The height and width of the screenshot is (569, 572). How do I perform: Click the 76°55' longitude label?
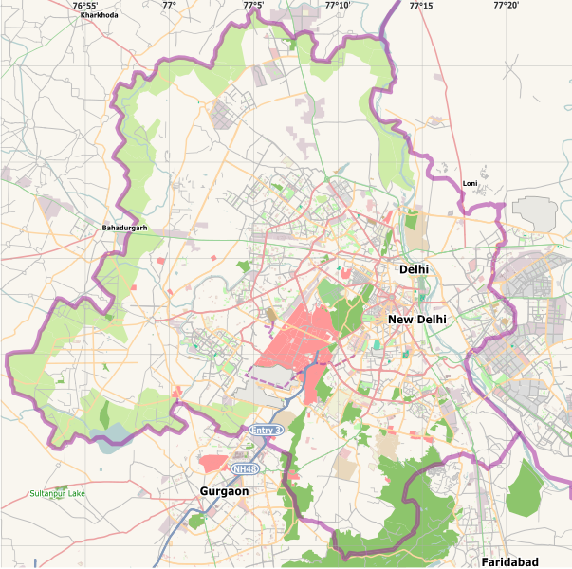[x=85, y=6]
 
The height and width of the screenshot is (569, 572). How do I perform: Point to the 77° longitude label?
[x=169, y=6]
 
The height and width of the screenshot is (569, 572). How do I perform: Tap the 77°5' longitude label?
[x=253, y=6]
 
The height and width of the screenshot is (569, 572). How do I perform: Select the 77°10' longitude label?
[x=338, y=6]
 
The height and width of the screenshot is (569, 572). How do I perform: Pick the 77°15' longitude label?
[x=422, y=6]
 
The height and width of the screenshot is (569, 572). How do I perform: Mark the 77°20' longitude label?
[x=506, y=6]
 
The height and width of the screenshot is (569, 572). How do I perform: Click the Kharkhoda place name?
[x=100, y=16]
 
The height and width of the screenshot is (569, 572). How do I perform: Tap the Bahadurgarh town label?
[x=125, y=229]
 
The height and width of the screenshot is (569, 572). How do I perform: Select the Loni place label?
[x=470, y=183]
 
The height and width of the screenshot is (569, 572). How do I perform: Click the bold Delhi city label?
[x=414, y=269]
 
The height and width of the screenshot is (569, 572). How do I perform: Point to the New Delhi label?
[x=416, y=320]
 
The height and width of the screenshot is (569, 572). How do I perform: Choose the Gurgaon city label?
[x=224, y=491]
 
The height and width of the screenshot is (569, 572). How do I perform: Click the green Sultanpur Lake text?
[x=57, y=494]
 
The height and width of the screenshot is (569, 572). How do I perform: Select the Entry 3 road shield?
[x=267, y=431]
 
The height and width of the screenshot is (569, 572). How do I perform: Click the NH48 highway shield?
[x=245, y=468]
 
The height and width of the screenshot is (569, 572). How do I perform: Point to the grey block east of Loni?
[x=536, y=211]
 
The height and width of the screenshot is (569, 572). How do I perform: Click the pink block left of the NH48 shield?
[x=214, y=463]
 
